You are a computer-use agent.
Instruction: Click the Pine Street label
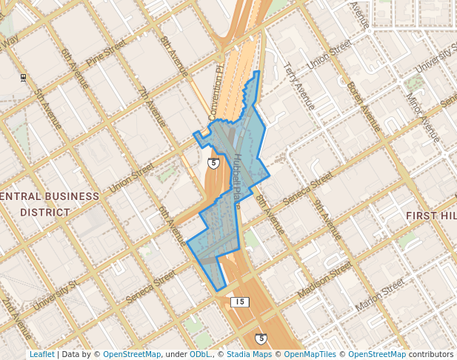[107, 55]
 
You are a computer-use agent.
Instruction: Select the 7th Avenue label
[153, 107]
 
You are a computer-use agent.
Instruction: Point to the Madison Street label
[324, 281]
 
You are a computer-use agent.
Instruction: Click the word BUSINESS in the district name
[71, 197]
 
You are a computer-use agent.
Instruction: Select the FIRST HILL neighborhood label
[431, 215]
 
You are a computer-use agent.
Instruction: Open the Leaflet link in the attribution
[41, 355]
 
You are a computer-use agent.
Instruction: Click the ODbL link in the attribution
[200, 355]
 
